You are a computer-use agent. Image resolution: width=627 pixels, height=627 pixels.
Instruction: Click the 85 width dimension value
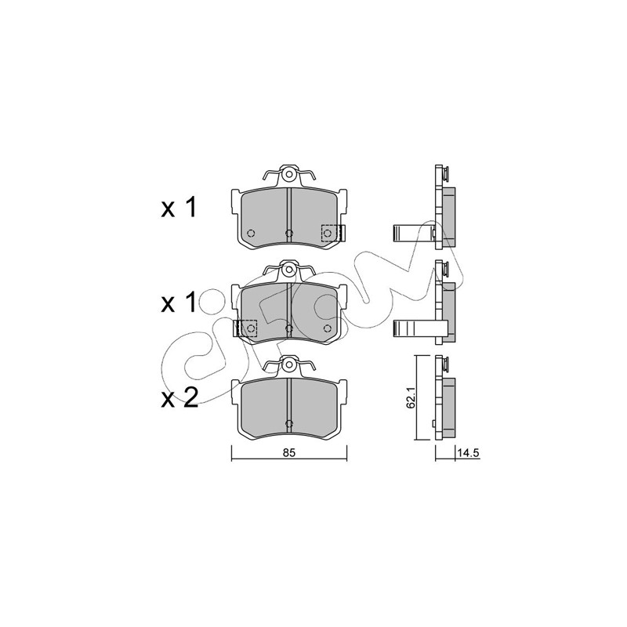[288, 453]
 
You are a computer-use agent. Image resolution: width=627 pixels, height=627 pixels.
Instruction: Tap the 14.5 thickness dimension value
[468, 453]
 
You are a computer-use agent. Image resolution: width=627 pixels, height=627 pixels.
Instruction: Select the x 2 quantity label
[179, 398]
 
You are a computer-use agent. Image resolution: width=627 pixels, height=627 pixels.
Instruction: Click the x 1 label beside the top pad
[179, 208]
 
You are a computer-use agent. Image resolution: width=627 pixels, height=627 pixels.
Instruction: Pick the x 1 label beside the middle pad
[179, 303]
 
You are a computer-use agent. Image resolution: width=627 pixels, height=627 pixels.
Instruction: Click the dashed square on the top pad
[332, 233]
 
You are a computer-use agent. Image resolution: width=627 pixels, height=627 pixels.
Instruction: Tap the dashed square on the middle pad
[247, 328]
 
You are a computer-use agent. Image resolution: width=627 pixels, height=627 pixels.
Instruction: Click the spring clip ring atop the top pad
[288, 174]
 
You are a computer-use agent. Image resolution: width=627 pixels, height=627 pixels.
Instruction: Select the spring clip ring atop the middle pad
[288, 270]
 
